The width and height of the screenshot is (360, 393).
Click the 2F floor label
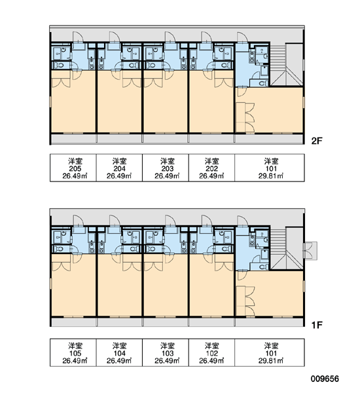click(x=316, y=141)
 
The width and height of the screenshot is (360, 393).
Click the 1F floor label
click(x=316, y=325)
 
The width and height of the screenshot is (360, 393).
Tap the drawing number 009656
click(x=325, y=379)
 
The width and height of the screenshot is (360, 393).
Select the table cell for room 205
click(x=73, y=168)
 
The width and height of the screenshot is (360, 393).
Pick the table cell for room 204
click(x=120, y=168)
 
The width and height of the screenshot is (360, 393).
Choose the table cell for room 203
click(x=166, y=168)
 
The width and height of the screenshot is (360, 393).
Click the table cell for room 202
click(x=211, y=168)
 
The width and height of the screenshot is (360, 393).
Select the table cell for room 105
click(x=73, y=352)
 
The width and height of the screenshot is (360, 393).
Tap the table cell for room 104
click(x=120, y=352)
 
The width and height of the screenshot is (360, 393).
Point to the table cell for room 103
click(x=166, y=352)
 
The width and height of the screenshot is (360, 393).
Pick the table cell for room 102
click(x=211, y=352)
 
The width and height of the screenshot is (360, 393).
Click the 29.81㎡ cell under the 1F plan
click(x=270, y=352)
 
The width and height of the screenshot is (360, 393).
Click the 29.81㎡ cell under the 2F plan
click(x=270, y=168)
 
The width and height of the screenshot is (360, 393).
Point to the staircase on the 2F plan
click(x=287, y=65)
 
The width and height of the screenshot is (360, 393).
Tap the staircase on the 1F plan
click(x=287, y=249)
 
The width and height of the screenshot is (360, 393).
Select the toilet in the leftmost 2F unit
click(x=60, y=65)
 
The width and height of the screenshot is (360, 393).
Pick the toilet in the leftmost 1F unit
click(x=60, y=249)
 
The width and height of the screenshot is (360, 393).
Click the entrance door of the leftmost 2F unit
click(x=77, y=37)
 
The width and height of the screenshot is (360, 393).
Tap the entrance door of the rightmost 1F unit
click(x=242, y=221)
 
